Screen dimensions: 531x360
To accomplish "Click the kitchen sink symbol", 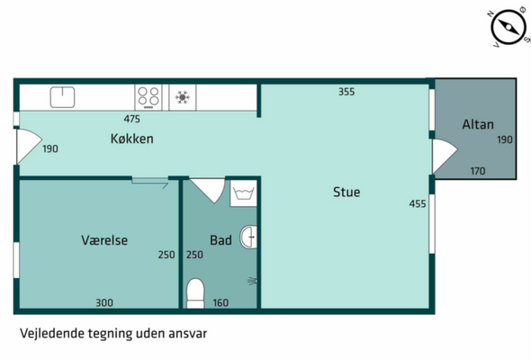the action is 63,97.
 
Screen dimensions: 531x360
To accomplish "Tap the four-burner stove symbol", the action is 148,97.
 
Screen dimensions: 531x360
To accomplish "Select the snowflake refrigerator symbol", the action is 183,97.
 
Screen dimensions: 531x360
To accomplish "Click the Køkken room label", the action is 132,139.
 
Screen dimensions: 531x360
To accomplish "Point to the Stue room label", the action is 346,192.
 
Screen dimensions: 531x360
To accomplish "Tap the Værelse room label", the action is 104,240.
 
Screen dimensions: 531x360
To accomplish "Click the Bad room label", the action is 220,240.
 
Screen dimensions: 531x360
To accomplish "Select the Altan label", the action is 478,124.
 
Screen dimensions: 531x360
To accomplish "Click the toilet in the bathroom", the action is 195,293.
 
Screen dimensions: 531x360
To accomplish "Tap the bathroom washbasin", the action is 248,237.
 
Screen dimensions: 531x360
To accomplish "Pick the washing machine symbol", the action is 243,193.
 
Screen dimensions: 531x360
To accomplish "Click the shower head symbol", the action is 253,281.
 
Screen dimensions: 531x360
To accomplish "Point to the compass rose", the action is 508,27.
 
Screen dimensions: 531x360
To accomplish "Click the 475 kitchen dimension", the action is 131,119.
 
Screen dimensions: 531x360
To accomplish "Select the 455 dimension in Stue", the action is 418,203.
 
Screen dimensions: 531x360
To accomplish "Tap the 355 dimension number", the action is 346,92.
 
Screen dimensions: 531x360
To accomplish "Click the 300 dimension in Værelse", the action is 104,302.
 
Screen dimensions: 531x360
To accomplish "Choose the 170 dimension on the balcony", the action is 478,171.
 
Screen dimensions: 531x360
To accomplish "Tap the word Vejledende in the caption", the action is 52,333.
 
